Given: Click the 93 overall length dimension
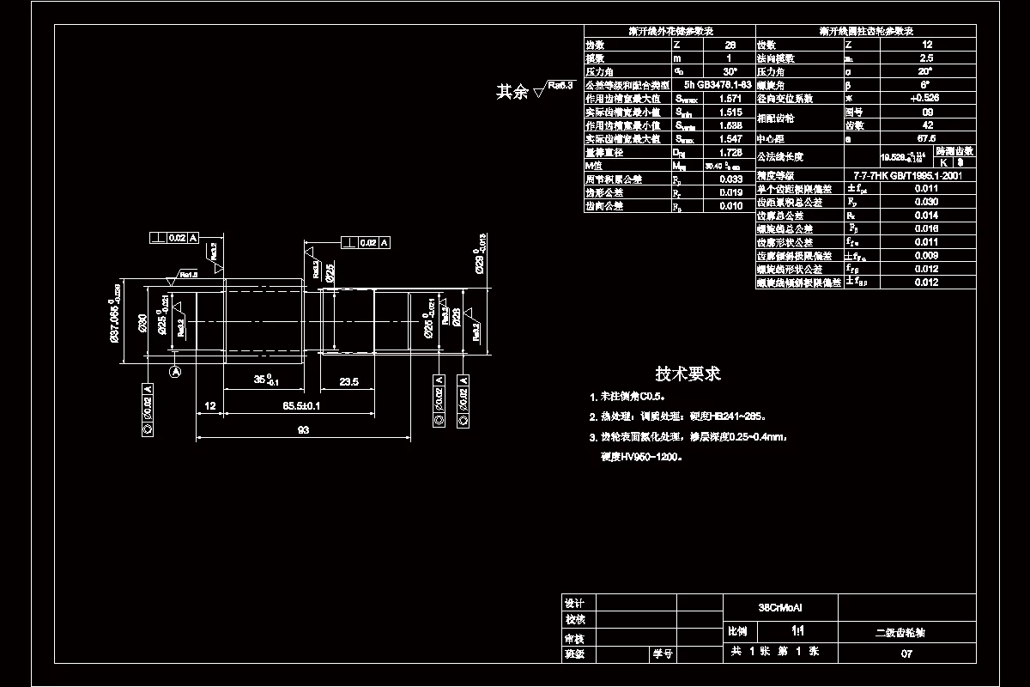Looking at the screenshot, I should [x=303, y=431].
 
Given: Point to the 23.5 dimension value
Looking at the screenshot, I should [x=348, y=381].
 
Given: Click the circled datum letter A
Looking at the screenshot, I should [x=175, y=372].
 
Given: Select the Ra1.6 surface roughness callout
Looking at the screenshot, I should [x=188, y=275].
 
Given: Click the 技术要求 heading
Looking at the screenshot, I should [x=688, y=374].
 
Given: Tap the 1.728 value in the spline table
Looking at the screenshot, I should [x=730, y=152].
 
